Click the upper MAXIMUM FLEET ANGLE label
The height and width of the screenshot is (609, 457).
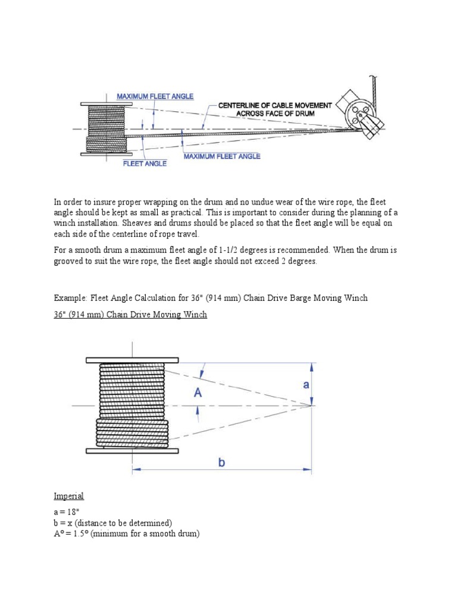155,96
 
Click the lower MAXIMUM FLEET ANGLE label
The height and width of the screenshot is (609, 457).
221,156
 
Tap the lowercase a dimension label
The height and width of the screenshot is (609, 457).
306,385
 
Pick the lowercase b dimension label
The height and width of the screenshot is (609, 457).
221,462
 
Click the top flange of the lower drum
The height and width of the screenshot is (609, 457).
132,360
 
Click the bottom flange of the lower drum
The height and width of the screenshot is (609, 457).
132,451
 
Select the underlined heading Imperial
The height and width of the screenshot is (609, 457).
68,495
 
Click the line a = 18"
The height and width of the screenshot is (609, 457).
68,512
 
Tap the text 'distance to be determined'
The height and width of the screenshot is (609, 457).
126,523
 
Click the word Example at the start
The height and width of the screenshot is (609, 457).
70,298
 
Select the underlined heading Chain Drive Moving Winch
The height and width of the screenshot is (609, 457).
130,315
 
